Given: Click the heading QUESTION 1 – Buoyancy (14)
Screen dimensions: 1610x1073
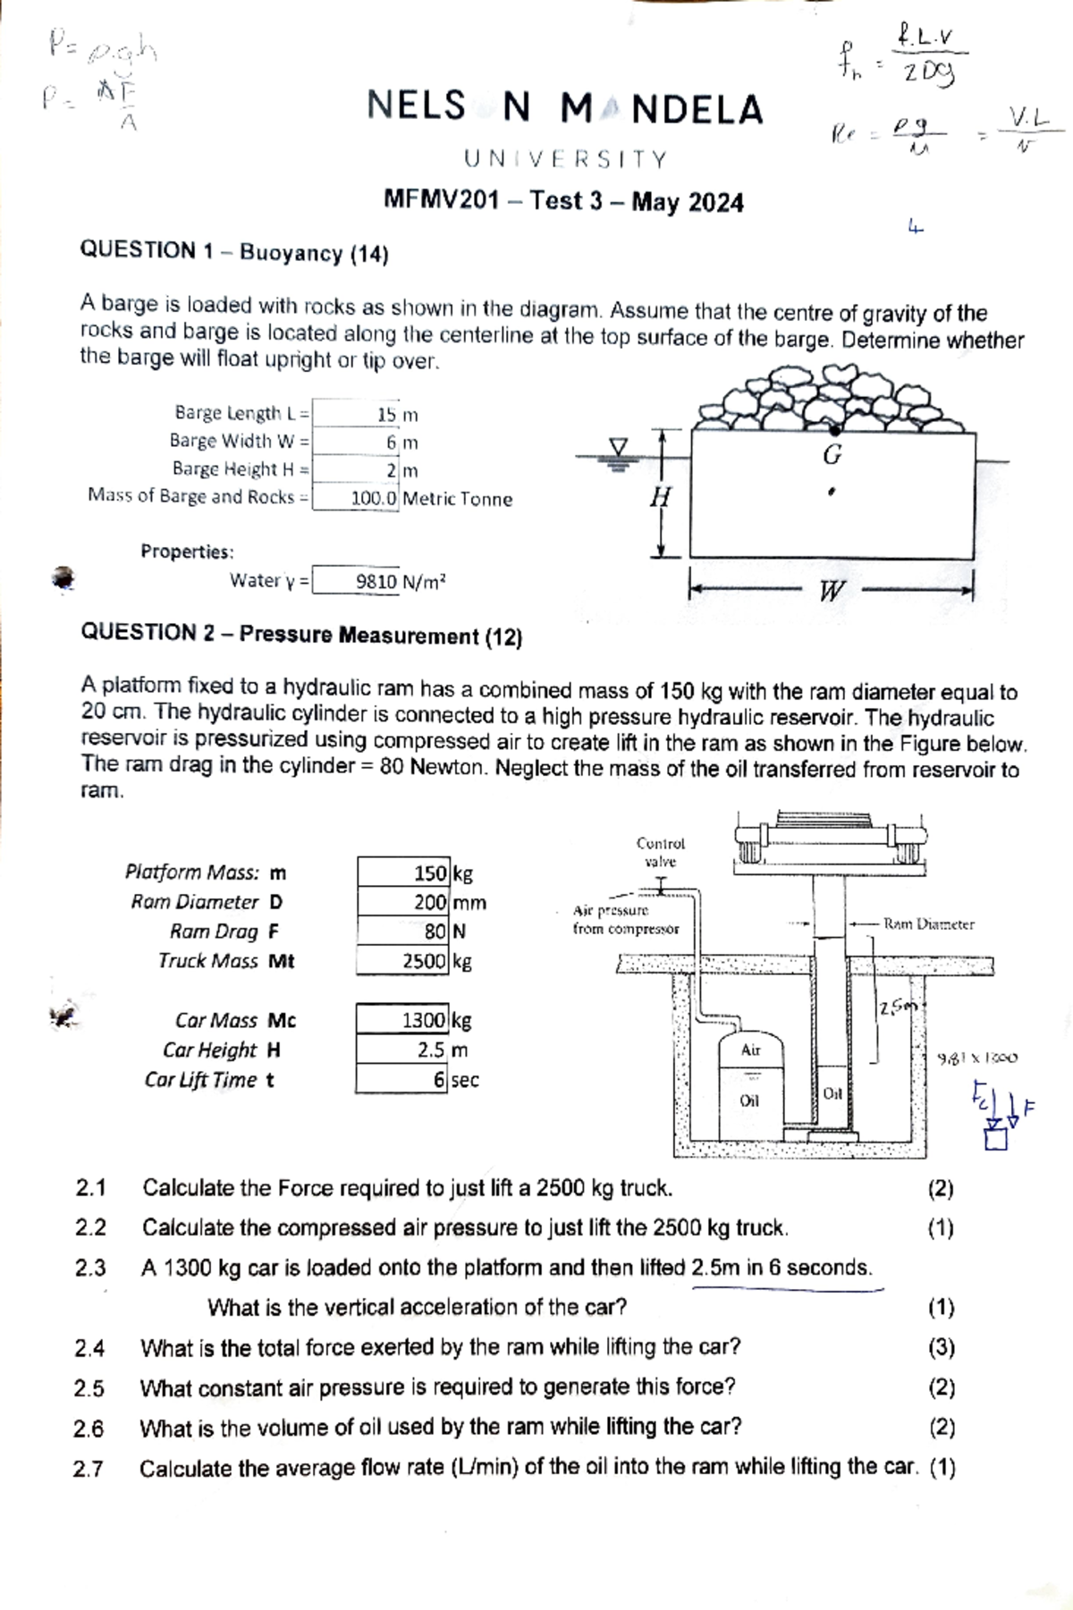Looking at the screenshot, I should click(234, 252).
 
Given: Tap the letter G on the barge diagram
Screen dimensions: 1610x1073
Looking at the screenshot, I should click(832, 456).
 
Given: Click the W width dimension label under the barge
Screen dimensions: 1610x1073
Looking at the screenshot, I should click(832, 591).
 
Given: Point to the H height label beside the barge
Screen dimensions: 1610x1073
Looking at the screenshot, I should click(660, 497).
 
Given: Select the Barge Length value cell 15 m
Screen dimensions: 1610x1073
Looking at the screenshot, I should click(397, 415).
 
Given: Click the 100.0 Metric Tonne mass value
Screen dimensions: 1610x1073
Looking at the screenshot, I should click(429, 499).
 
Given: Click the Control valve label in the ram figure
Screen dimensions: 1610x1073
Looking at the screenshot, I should click(660, 852).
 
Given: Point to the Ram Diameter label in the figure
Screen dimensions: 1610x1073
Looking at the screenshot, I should click(928, 924).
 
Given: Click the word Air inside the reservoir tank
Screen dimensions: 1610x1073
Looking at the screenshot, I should click(750, 1050).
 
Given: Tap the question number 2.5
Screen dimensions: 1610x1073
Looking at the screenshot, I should click(89, 1388).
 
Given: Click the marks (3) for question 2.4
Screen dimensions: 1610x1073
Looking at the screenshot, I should click(941, 1346).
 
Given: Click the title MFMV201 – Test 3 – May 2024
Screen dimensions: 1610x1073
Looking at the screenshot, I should click(563, 201).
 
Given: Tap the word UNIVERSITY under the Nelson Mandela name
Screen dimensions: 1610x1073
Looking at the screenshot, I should click(565, 160).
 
